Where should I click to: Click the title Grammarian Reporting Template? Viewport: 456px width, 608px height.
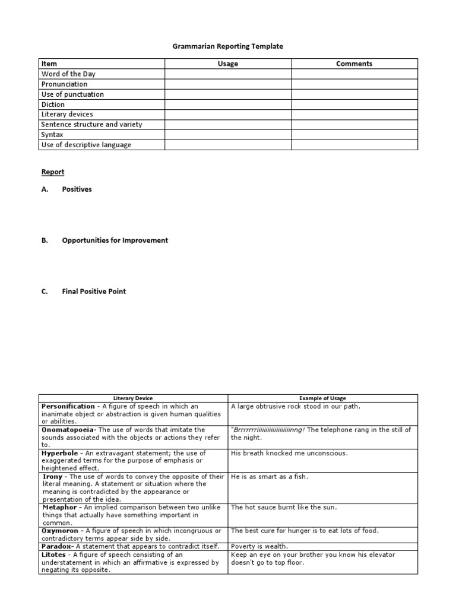tap(228, 46)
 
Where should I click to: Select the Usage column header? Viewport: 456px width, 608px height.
tap(228, 64)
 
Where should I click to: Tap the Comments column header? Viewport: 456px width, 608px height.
tap(354, 64)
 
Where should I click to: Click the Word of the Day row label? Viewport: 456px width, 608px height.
tap(68, 74)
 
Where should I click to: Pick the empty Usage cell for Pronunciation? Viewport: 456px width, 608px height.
tap(228, 84)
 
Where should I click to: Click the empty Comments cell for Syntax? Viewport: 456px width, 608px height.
tap(354, 135)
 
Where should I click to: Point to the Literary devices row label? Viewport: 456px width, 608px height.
tap(67, 114)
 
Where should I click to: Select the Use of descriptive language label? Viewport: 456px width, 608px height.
tap(86, 145)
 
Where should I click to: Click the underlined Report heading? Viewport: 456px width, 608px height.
tap(53, 172)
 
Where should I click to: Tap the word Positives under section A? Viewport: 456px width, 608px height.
tap(77, 189)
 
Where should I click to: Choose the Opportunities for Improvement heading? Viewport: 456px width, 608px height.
tap(115, 240)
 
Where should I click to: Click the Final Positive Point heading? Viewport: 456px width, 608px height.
tap(94, 292)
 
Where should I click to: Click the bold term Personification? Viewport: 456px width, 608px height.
tap(68, 406)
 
